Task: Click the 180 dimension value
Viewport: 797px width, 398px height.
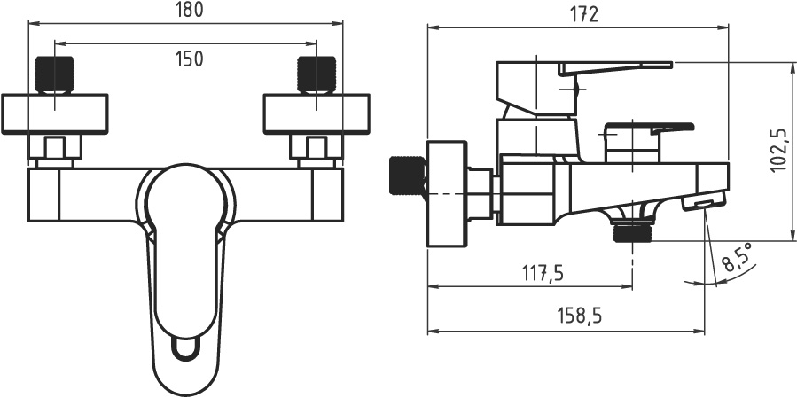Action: (188, 10)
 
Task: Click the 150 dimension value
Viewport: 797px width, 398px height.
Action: (188, 59)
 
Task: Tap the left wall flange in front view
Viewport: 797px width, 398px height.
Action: (55, 114)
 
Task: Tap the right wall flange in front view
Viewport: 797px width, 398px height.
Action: (316, 114)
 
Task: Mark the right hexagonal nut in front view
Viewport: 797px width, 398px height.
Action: (316, 149)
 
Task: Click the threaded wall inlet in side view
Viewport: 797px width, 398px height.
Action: (407, 176)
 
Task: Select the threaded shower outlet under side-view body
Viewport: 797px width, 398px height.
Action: (632, 233)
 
